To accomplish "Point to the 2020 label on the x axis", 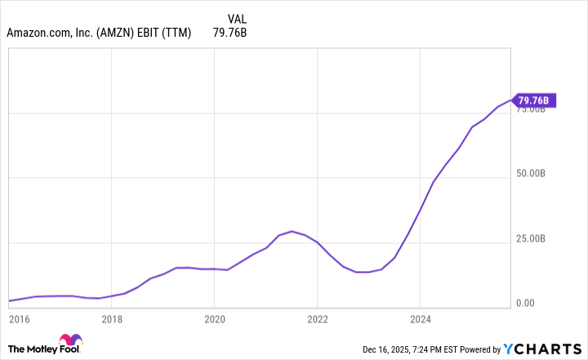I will click(x=214, y=318).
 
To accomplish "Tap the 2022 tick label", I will click(x=317, y=318).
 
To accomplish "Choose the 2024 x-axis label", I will click(x=420, y=318).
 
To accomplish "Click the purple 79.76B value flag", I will click(x=536, y=100).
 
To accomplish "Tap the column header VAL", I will click(x=237, y=16).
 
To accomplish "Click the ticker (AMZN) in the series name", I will click(x=122, y=33).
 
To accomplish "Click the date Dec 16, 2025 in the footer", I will click(x=390, y=349).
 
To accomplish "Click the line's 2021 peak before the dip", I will click(x=292, y=231).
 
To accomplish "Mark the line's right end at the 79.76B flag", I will click(x=513, y=100).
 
